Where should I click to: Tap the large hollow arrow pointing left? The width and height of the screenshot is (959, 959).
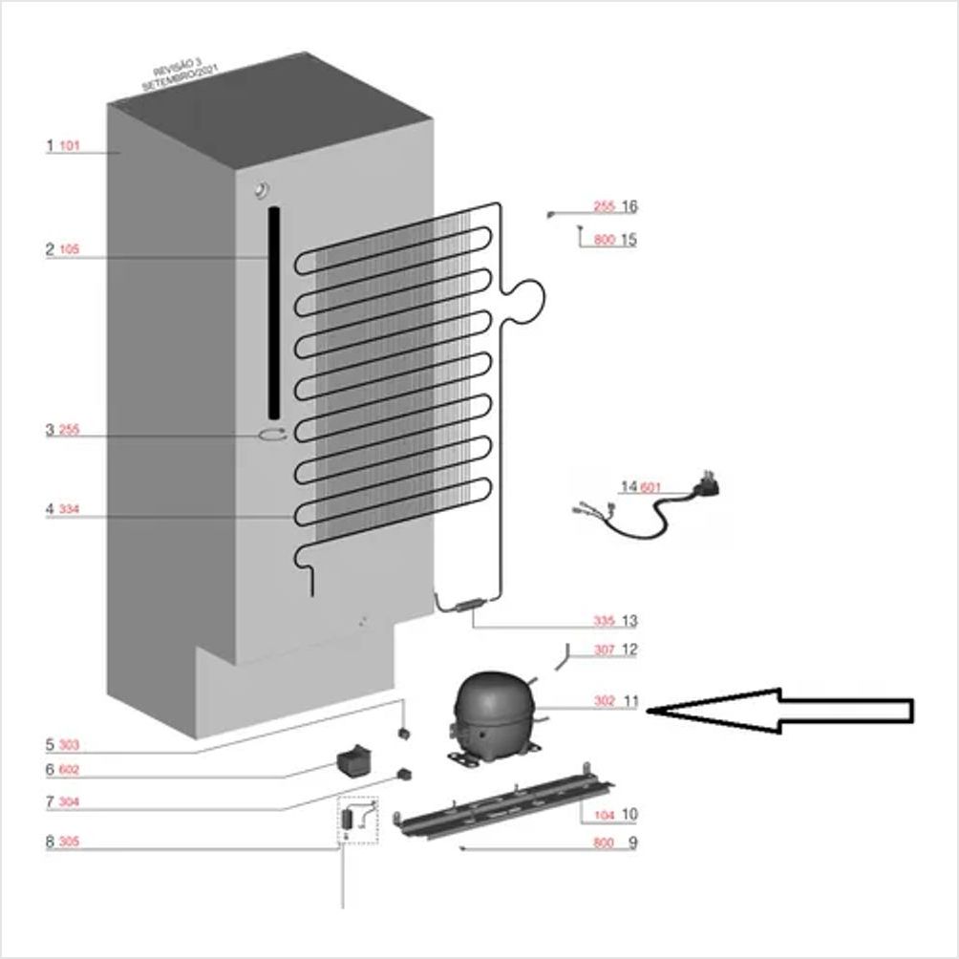point(783,711)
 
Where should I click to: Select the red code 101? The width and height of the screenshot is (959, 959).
point(70,147)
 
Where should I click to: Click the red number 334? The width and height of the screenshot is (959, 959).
point(70,511)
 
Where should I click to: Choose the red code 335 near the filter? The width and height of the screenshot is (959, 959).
point(604,622)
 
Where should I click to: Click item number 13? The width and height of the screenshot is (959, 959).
point(629,622)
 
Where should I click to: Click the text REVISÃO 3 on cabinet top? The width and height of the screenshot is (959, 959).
point(172,70)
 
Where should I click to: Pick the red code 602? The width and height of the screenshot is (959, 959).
point(70,770)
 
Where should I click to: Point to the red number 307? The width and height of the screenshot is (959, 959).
point(604,650)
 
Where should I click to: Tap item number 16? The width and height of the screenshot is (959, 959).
point(629,206)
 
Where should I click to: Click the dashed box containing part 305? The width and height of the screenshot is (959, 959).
point(357,820)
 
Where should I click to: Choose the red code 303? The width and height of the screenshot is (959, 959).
point(70,745)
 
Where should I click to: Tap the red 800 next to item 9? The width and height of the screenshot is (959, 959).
point(604,843)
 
